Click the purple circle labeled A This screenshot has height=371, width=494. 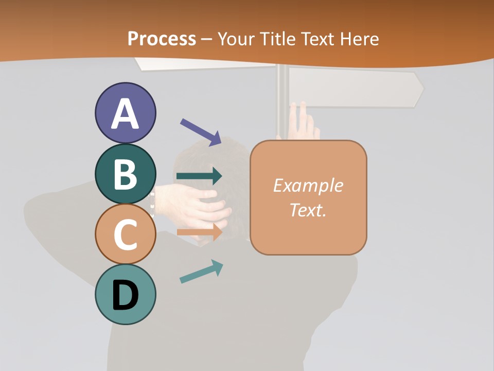pos(125,113)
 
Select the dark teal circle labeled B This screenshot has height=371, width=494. pos(125,174)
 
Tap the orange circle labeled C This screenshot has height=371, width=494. pos(125,234)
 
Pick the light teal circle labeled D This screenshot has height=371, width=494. pos(125,294)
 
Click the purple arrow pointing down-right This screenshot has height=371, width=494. pos(201,132)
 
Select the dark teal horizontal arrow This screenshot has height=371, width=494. pos(199,176)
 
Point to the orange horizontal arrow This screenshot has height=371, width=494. pos(199,232)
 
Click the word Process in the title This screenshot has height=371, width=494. pos(162,39)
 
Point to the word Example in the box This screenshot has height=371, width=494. pos(308,185)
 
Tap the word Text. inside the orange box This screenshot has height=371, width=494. pos(308,210)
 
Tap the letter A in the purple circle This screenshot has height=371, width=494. pos(125,114)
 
